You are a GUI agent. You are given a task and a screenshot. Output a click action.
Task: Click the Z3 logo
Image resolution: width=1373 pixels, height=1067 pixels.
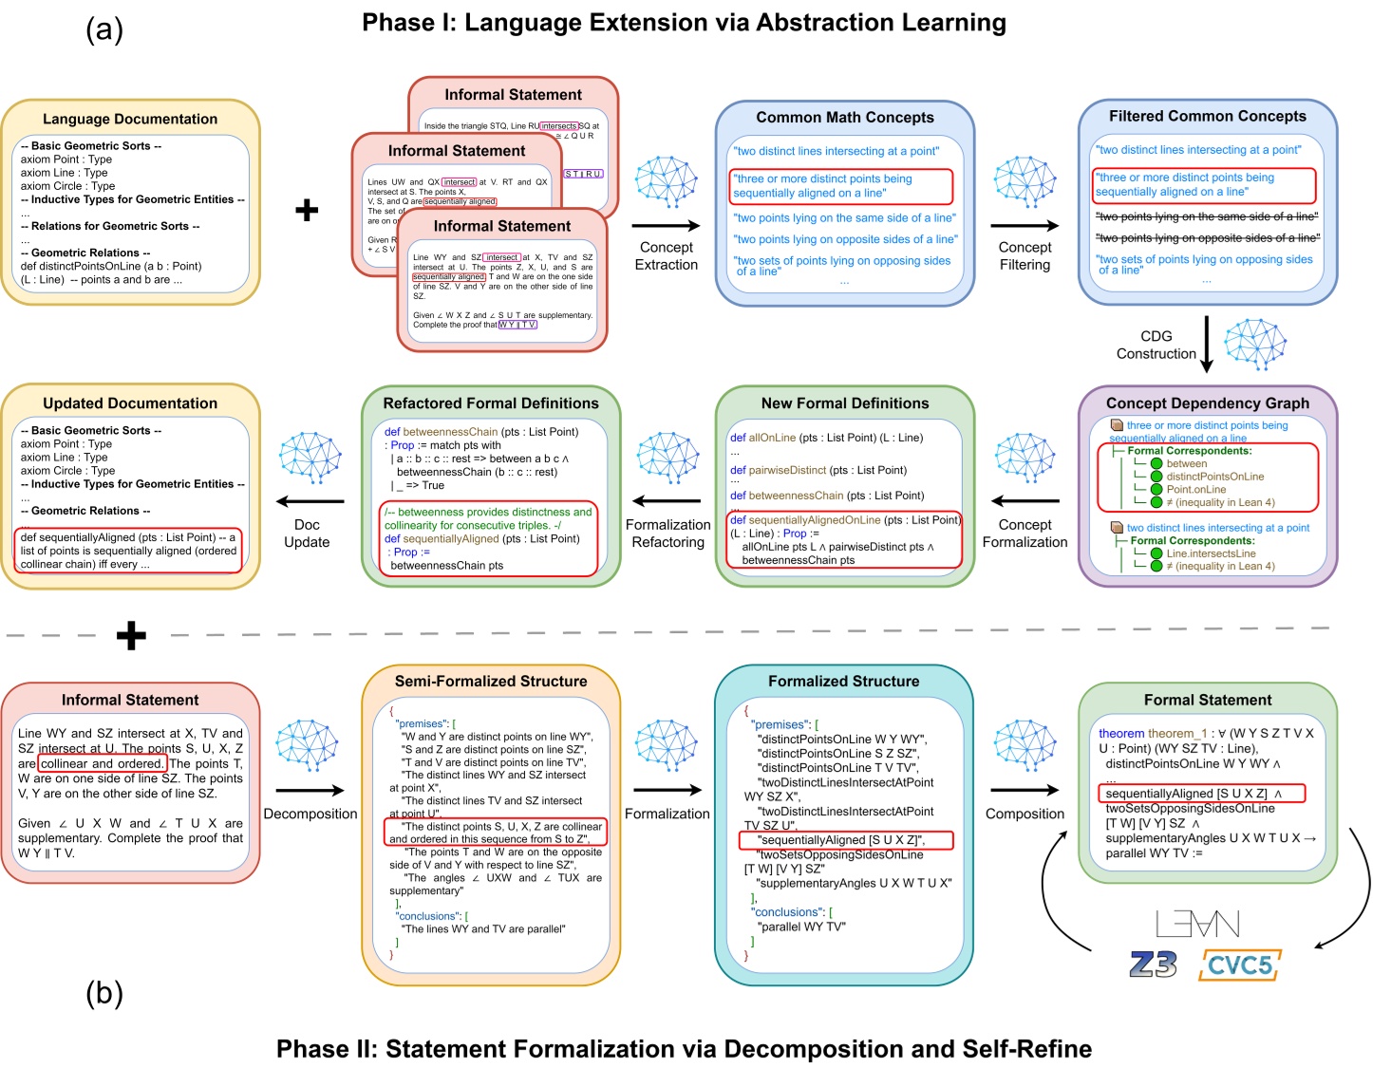pos(1153,964)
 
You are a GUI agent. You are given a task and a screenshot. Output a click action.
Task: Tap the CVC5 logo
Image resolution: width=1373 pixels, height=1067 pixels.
pos(1240,965)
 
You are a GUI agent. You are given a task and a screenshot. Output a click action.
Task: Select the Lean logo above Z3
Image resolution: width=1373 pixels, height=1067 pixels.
pos(1197,924)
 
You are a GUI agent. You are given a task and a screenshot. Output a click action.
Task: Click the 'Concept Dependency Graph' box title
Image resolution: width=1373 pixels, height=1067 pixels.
pos(1207,403)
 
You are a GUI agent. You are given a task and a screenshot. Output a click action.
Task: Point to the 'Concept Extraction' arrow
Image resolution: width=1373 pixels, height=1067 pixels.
pos(666,226)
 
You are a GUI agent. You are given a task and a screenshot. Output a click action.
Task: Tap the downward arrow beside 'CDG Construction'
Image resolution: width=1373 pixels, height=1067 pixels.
pos(1207,344)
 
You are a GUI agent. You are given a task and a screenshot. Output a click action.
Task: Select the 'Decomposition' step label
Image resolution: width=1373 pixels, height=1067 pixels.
pos(310,814)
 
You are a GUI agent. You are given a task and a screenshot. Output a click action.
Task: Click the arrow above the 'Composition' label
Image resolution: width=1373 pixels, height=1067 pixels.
pos(1025,790)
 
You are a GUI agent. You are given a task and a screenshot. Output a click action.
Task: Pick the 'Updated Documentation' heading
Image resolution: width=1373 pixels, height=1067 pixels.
pos(130,403)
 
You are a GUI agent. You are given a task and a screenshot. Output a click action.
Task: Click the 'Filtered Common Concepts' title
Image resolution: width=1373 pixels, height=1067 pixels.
pos(1207,116)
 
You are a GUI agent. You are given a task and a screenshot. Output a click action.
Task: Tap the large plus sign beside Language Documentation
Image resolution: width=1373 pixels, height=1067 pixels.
pos(307,210)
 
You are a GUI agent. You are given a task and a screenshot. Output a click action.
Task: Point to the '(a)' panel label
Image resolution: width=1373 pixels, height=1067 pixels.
pos(104,29)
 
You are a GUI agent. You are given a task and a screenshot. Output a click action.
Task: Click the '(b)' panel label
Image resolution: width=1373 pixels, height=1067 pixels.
pos(104,993)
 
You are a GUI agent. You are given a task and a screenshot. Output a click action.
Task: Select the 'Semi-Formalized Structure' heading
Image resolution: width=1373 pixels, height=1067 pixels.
pos(491,682)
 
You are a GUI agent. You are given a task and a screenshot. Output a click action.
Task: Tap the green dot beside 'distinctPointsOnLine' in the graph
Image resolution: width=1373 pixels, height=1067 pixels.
pos(1157,477)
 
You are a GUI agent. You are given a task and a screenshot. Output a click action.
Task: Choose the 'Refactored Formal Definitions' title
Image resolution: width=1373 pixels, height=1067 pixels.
pos(491,403)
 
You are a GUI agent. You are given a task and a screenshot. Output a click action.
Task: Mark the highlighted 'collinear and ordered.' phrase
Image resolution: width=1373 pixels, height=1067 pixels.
pos(103,763)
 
